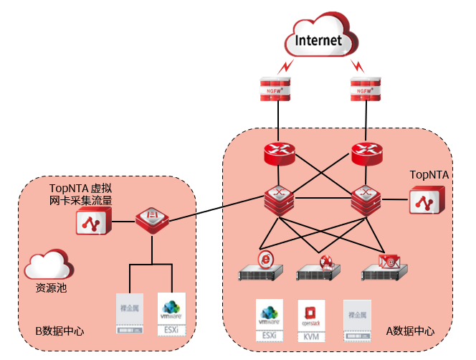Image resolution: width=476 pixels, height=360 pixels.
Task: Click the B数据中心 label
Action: [x=59, y=332]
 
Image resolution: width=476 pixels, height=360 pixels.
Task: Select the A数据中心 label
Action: [x=411, y=331]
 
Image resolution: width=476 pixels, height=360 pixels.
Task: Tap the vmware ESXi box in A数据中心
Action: [x=270, y=320]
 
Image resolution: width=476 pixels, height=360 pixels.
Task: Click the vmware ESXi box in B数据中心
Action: [x=171, y=313]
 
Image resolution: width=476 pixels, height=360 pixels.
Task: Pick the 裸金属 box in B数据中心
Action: [x=130, y=313]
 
